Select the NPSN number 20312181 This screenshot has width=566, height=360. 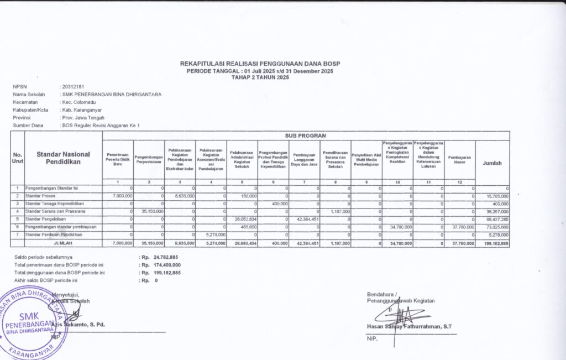point(73,87)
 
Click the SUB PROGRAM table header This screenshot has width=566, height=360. point(305,135)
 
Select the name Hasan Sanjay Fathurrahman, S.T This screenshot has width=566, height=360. point(409,326)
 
